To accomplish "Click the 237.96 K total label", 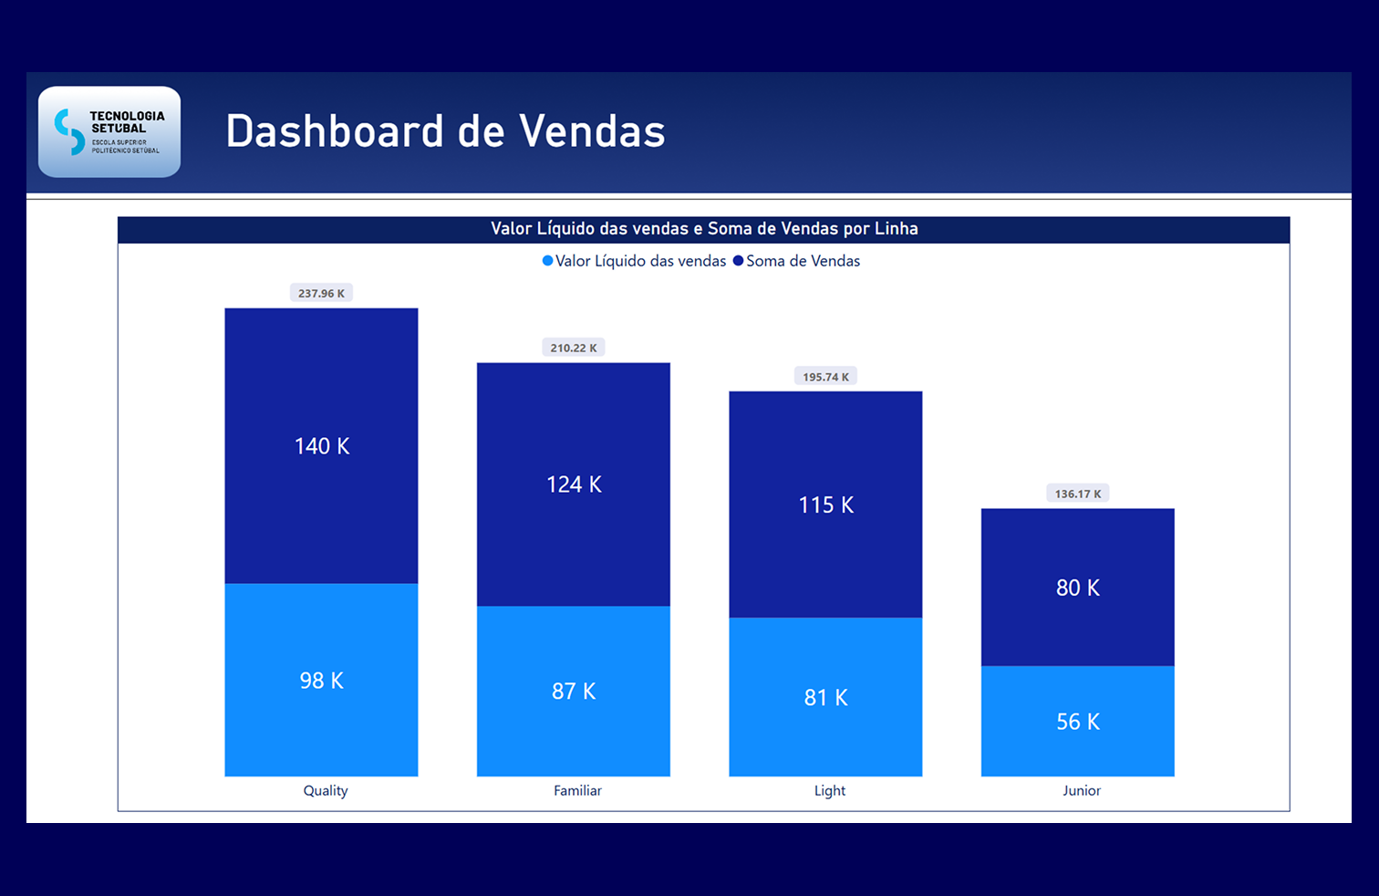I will (x=321, y=293).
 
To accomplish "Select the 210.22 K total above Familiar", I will (x=574, y=348).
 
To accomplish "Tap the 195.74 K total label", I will (x=825, y=377).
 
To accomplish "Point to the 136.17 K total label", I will (x=1078, y=494).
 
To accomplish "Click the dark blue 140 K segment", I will (x=321, y=446).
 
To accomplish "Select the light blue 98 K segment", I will (x=321, y=681).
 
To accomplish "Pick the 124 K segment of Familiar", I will (x=574, y=484).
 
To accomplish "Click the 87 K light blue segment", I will (x=574, y=692).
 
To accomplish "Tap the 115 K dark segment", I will (x=825, y=505).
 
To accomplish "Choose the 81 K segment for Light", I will (x=825, y=698).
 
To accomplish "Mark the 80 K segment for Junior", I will (x=1078, y=588).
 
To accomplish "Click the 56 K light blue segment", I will (x=1078, y=722).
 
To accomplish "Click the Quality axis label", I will (x=326, y=791).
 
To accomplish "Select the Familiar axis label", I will (x=577, y=791).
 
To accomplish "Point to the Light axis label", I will (x=830, y=791).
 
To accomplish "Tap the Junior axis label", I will (x=1082, y=791).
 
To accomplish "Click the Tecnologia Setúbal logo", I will (x=109, y=132).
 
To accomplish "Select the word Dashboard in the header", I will (x=335, y=131).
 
